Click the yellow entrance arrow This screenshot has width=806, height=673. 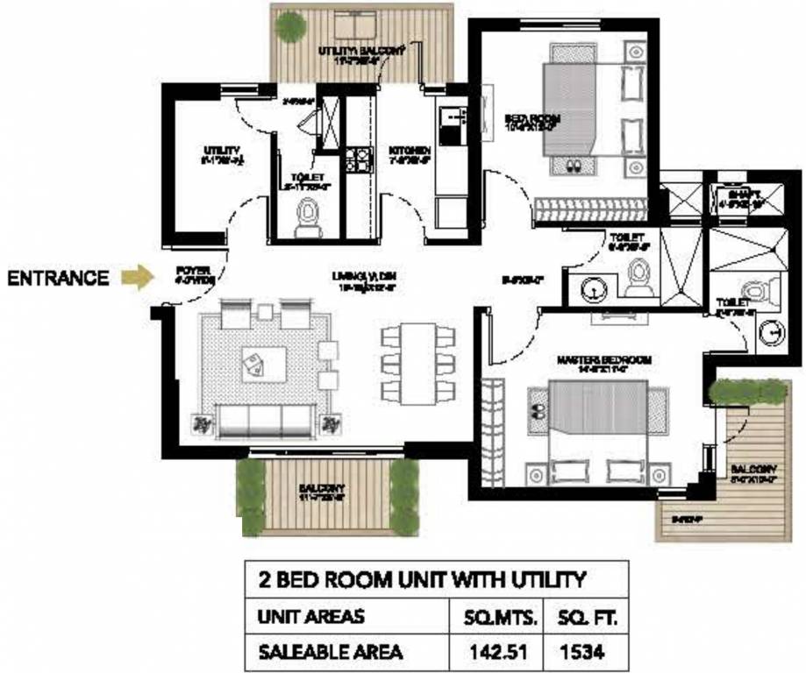(137, 279)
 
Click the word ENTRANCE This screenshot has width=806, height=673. (59, 279)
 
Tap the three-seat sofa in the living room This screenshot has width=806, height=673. (263, 422)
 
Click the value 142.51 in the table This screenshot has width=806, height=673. (503, 651)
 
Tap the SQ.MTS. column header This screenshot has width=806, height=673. (503, 618)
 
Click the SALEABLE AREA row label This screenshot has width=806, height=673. (330, 651)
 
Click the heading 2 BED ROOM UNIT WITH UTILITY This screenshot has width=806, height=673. (421, 579)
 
